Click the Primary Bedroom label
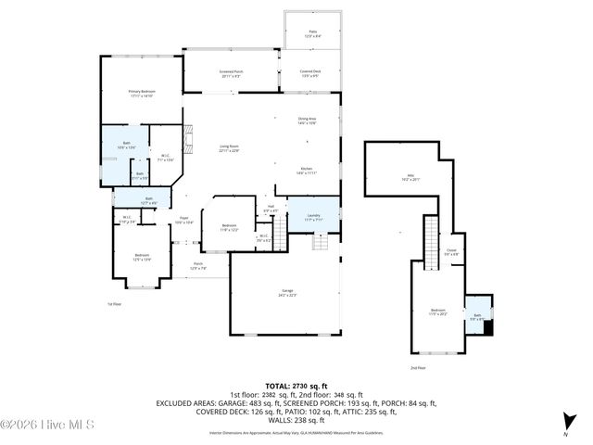click(141, 93)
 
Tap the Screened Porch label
click(232, 73)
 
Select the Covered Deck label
click(309, 73)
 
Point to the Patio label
click(312, 32)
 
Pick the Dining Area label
click(307, 121)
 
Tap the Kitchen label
click(307, 172)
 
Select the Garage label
click(288, 294)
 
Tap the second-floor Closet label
click(451, 250)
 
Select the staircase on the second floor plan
click(430, 237)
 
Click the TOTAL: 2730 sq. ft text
click(297, 384)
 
